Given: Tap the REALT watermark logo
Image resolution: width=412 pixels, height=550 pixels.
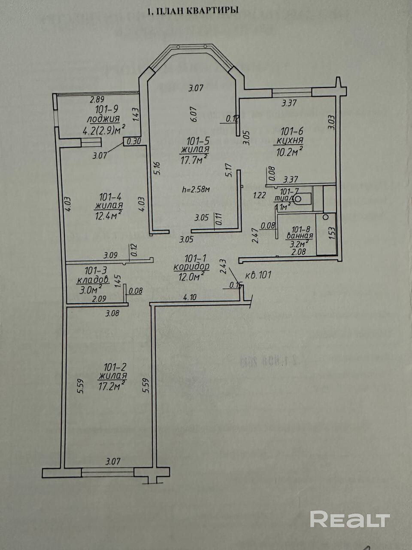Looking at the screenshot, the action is click(349, 519).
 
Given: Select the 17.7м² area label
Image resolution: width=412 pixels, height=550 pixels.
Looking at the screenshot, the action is click(194, 159).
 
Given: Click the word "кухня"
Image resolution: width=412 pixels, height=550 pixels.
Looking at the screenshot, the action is click(291, 141).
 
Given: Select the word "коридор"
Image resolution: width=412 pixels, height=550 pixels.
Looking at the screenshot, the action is click(191, 267).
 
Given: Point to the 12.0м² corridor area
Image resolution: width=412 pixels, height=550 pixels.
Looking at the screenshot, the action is click(191, 277).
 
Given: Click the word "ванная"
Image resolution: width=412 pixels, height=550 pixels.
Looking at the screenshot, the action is click(302, 235).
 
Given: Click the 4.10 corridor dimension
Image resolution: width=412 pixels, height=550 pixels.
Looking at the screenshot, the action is click(189, 296).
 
